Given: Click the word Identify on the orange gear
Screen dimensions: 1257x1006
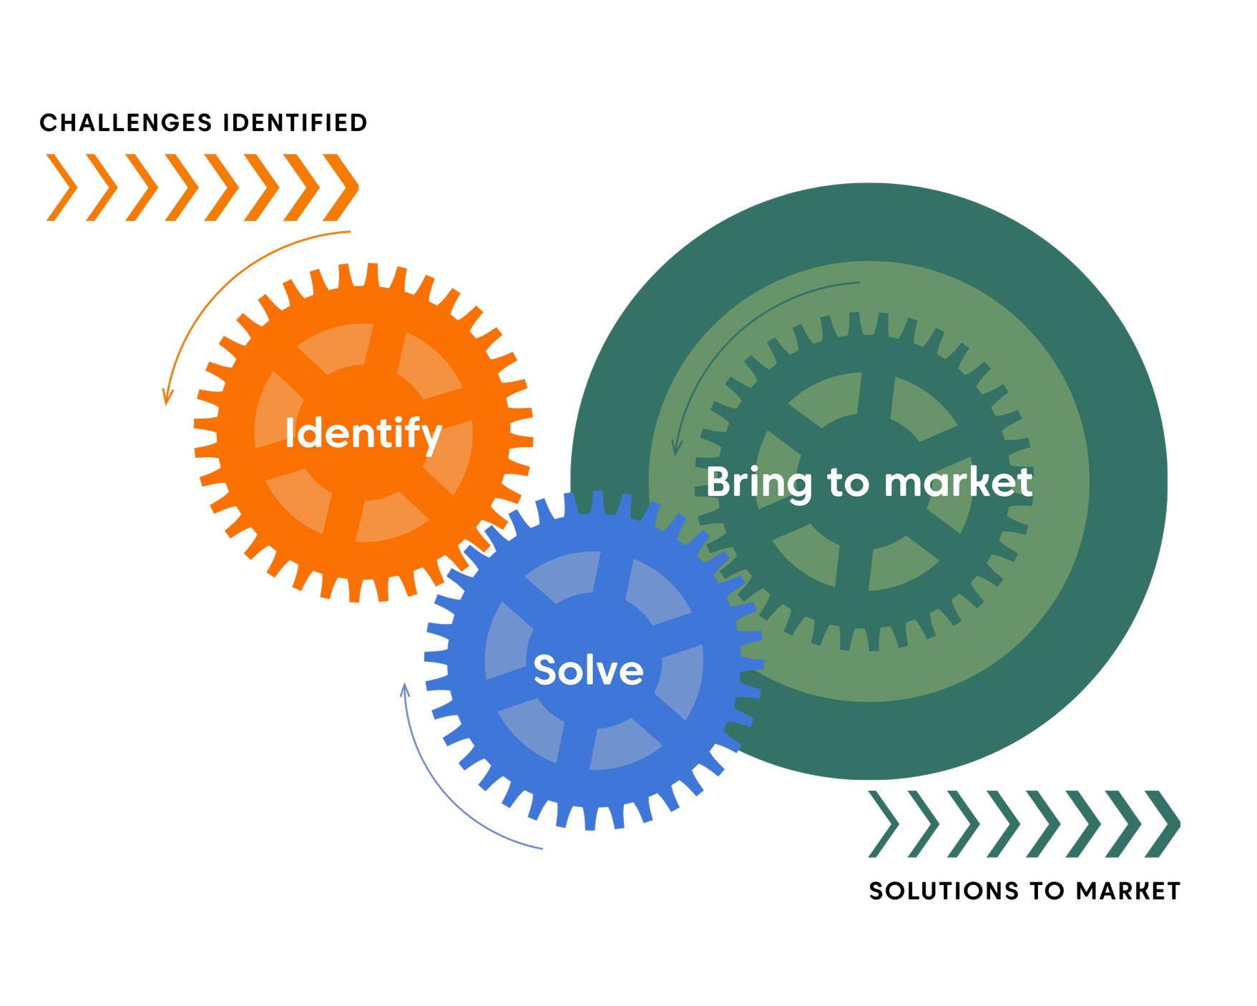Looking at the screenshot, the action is coord(363,433).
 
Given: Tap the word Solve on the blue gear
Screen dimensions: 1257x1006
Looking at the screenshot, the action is coord(588,670).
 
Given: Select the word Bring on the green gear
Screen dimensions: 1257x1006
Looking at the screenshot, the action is coord(759,483).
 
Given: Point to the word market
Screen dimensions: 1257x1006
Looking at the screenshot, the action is coord(958,482).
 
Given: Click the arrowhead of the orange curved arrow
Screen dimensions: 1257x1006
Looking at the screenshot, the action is coord(167,398).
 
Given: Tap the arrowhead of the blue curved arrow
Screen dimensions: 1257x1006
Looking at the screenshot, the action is coord(404,690).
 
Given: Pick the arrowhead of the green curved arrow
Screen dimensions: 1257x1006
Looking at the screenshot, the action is coord(676,448).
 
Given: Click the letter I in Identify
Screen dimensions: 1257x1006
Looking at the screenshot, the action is coord(289,433).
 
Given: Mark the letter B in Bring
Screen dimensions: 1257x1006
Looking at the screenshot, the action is coord(719,482).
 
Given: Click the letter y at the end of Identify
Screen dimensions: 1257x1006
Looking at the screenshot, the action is coord(431,438).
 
